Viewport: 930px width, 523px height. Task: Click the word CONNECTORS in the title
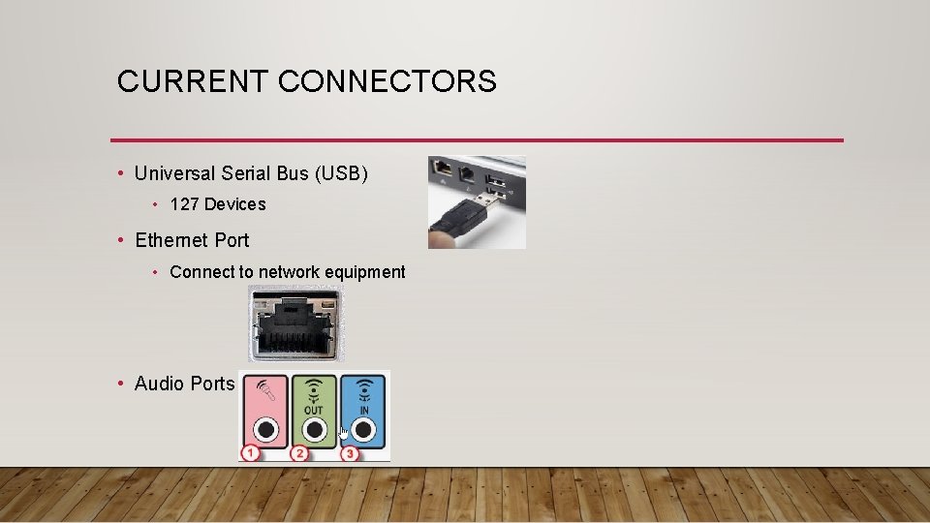[387, 81]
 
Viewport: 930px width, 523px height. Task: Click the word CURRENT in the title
[193, 81]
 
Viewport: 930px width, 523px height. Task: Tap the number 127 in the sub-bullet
[184, 204]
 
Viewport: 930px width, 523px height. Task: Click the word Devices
[234, 204]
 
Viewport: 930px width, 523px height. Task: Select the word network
[289, 272]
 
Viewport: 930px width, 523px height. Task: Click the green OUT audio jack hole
[314, 429]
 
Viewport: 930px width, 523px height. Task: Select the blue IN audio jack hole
[363, 429]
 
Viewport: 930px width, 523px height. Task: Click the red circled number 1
[251, 452]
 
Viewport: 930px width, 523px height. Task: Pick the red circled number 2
[299, 452]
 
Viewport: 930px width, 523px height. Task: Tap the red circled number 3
[349, 452]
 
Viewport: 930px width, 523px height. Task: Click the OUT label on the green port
[314, 410]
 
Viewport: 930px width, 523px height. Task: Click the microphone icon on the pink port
[264, 395]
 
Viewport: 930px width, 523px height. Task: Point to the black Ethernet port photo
[295, 323]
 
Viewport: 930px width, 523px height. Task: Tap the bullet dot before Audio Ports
[119, 384]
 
